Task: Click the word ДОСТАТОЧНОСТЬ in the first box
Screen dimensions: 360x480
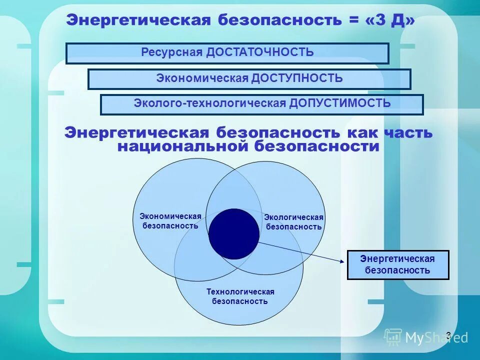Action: tap(259, 52)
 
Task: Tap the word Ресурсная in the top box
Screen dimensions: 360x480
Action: tap(171, 52)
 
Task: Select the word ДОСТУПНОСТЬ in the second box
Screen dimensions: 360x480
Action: tap(297, 78)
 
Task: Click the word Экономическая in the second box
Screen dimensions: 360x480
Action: tap(202, 78)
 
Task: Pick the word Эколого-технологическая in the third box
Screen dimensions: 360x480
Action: tap(209, 103)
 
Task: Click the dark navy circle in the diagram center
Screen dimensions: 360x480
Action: tap(234, 233)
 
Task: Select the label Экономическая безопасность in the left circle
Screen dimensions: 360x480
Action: tap(170, 221)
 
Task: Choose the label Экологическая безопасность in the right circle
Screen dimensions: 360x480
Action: tap(293, 222)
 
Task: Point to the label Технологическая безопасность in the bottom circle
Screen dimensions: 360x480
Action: tap(240, 296)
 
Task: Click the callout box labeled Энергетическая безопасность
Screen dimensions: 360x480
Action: tap(398, 264)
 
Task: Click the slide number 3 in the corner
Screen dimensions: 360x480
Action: tap(448, 334)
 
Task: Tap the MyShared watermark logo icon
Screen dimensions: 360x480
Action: tap(393, 337)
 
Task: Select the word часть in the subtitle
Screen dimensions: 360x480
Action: tap(408, 133)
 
